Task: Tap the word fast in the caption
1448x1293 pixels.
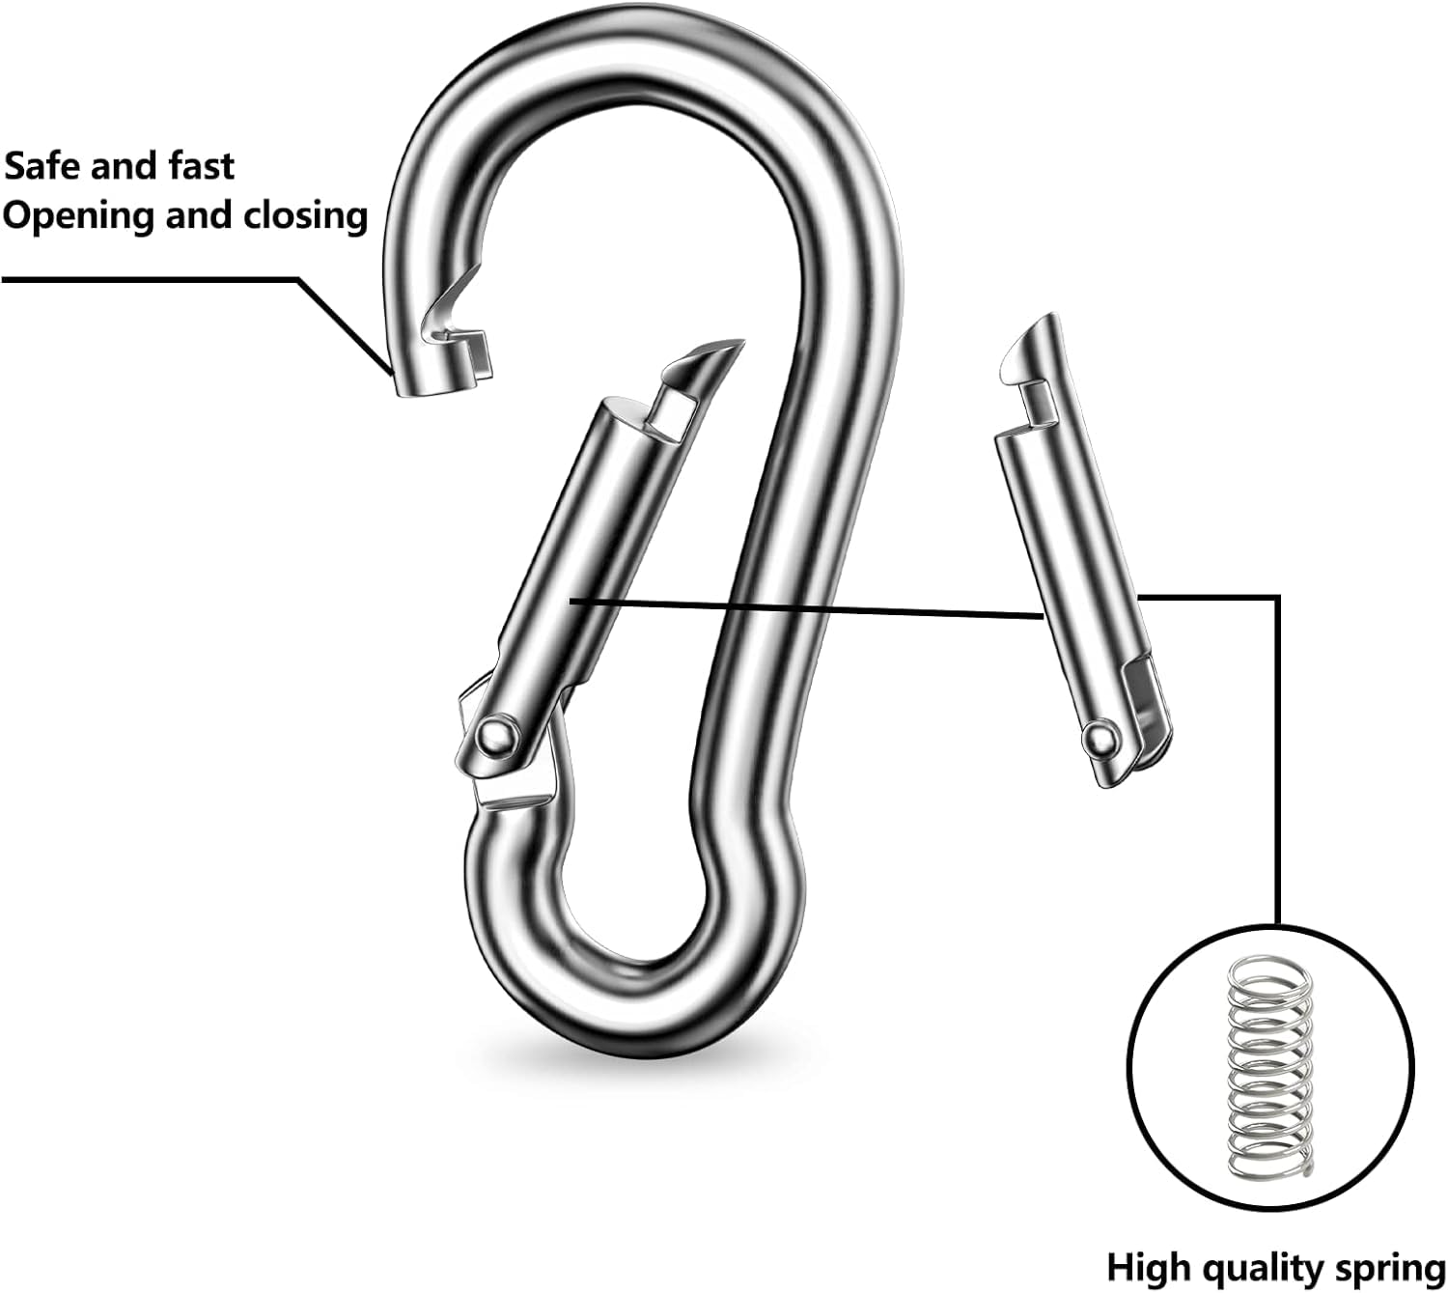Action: pyautogui.click(x=202, y=166)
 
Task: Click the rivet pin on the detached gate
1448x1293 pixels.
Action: pyautogui.click(x=1100, y=738)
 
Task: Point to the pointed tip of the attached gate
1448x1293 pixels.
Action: pyautogui.click(x=743, y=342)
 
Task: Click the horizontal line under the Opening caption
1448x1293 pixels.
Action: pyautogui.click(x=150, y=279)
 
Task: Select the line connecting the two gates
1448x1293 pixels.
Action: pyautogui.click(x=806, y=608)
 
